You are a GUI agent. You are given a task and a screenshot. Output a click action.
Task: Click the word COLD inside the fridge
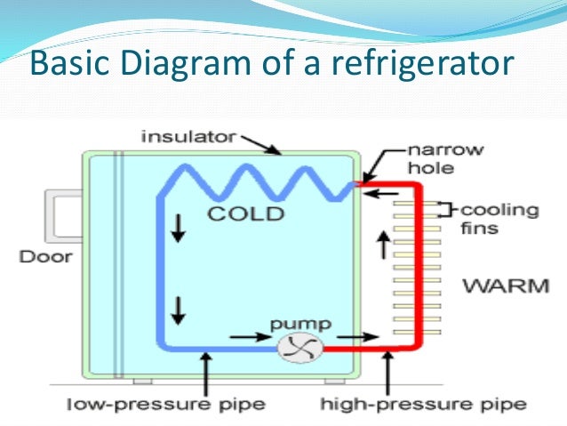(x=244, y=214)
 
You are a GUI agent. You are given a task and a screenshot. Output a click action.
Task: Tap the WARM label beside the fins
(x=506, y=285)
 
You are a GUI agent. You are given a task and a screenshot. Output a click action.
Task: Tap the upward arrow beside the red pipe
(x=383, y=244)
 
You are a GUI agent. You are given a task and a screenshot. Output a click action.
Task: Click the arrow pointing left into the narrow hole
(x=382, y=190)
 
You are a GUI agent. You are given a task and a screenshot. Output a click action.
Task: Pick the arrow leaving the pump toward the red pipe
(x=349, y=338)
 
